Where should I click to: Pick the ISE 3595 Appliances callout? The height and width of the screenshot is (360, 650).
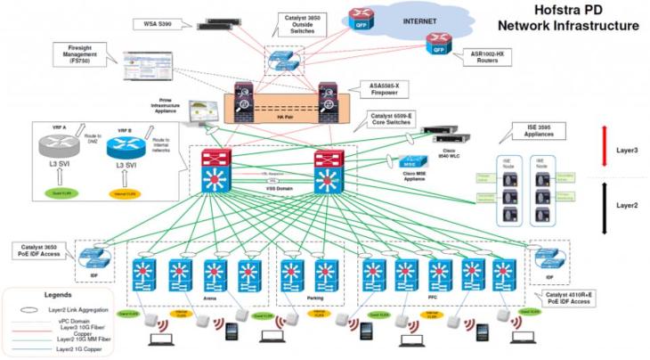point(531,134)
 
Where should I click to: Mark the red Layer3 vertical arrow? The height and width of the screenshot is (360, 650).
point(605,148)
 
